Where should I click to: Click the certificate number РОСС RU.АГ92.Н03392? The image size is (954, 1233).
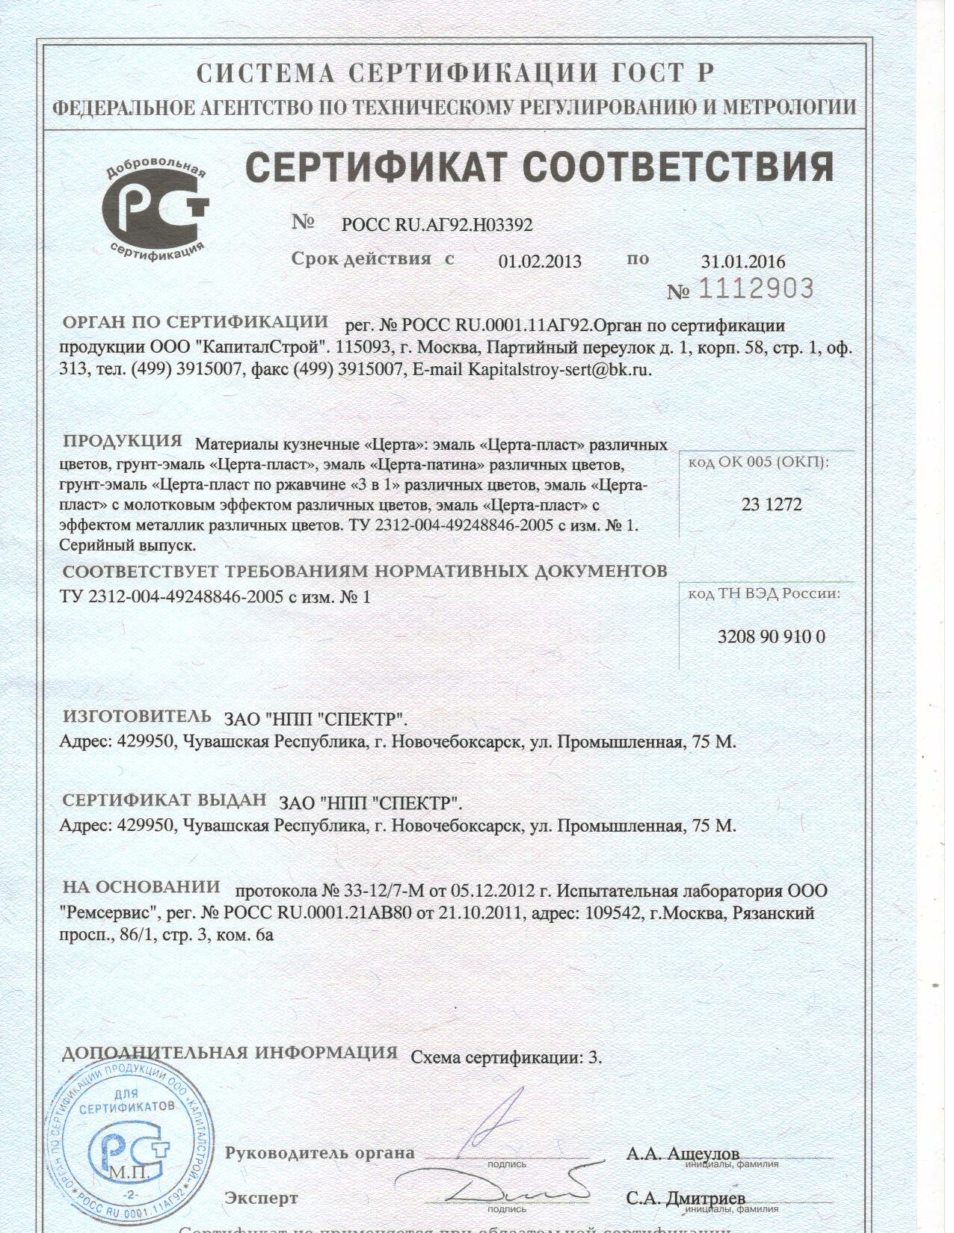(x=437, y=224)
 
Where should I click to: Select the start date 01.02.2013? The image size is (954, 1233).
(x=539, y=262)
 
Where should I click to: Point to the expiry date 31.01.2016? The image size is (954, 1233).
(x=743, y=262)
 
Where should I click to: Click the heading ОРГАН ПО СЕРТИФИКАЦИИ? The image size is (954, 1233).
(x=195, y=322)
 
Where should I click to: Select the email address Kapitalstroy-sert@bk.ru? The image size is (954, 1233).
(x=559, y=369)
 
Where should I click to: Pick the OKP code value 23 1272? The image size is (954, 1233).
(x=772, y=504)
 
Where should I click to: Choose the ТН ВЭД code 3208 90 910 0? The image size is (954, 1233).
(x=771, y=637)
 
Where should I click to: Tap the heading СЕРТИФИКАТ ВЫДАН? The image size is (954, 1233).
(x=164, y=800)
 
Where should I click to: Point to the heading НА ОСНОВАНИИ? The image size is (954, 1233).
(x=141, y=887)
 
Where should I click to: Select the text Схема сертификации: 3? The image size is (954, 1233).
(x=507, y=1057)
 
